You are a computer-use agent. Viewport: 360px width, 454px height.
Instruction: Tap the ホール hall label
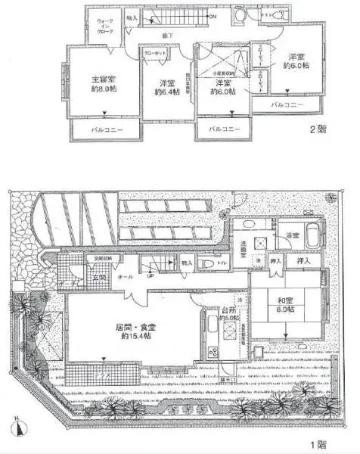[x=126, y=277]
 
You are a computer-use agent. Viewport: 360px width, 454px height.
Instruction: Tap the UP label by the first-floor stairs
[x=151, y=275]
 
